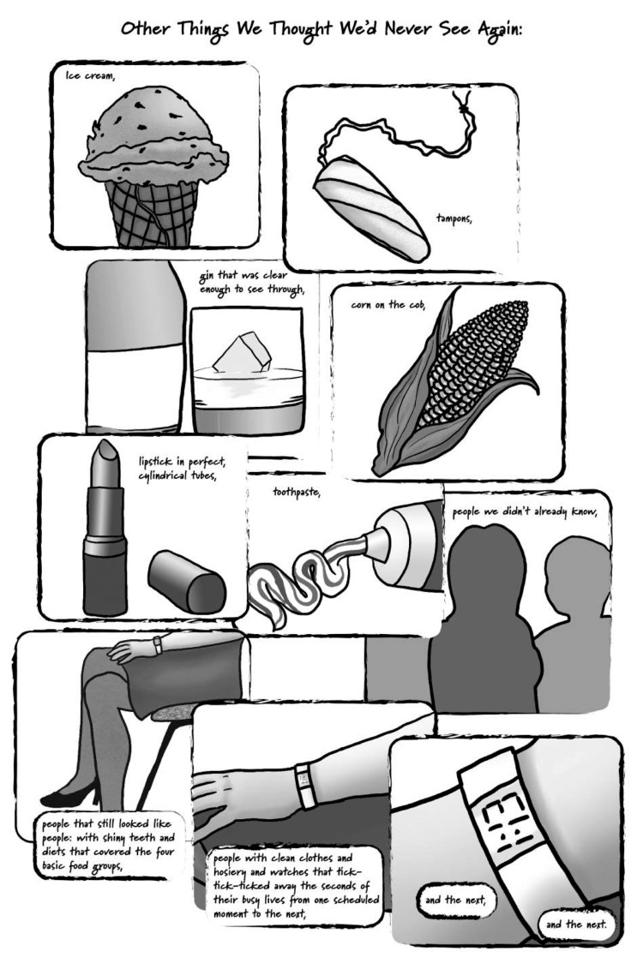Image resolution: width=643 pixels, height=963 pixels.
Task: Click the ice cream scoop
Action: pos(153,135)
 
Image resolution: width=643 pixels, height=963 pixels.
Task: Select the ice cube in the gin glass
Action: pos(243,353)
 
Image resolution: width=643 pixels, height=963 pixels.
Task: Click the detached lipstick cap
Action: pos(187,580)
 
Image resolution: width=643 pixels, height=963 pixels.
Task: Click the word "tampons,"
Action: pos(454,218)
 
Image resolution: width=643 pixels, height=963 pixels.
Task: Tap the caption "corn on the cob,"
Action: pos(388,305)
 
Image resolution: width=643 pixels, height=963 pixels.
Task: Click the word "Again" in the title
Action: pos(499,29)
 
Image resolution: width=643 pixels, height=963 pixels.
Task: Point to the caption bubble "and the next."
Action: pos(576,924)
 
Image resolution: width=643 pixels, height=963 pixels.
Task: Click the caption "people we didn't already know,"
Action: pos(525,512)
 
